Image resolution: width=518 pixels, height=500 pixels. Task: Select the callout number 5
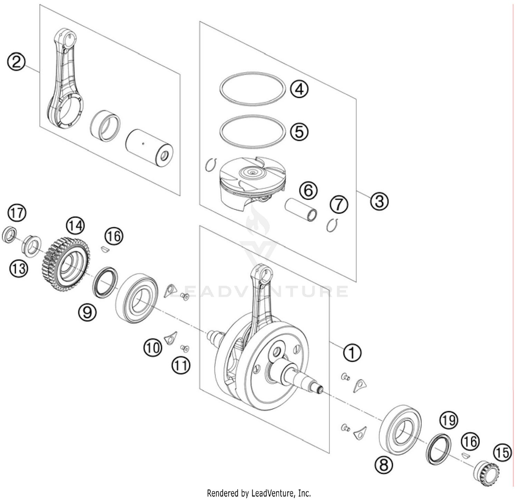[x=299, y=131]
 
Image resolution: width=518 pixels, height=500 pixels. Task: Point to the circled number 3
[x=380, y=201]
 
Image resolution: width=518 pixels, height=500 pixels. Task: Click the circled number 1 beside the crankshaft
[x=352, y=353]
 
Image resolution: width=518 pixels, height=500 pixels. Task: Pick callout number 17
[x=17, y=213]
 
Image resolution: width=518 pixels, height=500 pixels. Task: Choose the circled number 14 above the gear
[x=75, y=226]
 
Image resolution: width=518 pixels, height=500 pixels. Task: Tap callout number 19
[x=448, y=421]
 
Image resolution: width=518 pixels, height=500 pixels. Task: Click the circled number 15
[x=502, y=452]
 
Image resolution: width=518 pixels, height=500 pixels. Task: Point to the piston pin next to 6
[x=300, y=209]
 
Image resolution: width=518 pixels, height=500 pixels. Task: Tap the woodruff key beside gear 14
[x=105, y=249]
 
